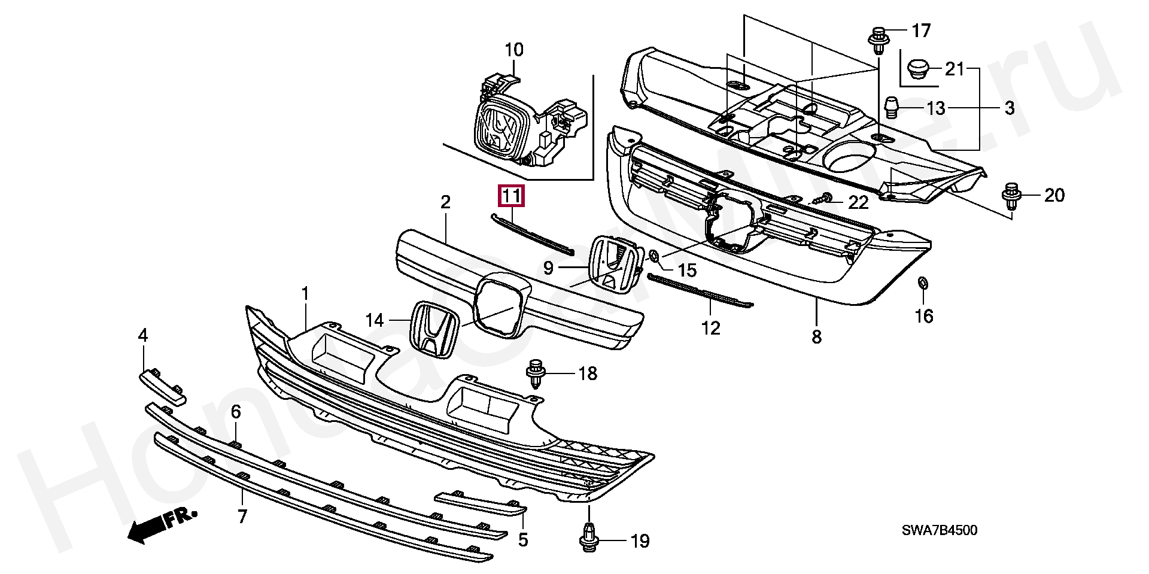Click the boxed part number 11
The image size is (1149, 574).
click(512, 196)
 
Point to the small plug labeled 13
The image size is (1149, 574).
click(892, 108)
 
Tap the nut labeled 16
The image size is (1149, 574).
click(922, 283)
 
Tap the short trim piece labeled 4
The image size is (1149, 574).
click(163, 387)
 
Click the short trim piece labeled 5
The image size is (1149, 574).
click(480, 502)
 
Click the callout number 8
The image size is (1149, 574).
click(816, 337)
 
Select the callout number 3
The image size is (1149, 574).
click(1009, 108)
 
